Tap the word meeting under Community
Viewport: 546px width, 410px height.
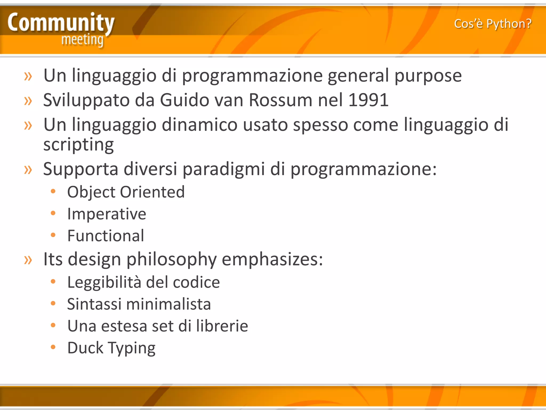[x=82, y=40]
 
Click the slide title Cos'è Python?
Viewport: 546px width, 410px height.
[x=493, y=24]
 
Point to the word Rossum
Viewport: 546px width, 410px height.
[x=280, y=100]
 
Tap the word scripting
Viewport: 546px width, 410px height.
[x=79, y=145]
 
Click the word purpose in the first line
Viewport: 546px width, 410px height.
[x=428, y=76]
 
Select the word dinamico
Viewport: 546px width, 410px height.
[x=199, y=125]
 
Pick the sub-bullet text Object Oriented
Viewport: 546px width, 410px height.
[x=126, y=192]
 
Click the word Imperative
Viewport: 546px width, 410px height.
[x=107, y=214]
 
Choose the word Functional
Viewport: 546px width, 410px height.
[x=106, y=236]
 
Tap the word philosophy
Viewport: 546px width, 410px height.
[x=171, y=259]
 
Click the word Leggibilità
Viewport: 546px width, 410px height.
[x=104, y=282]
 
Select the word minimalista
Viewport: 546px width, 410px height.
[x=168, y=304]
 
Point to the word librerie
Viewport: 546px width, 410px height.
[x=222, y=326]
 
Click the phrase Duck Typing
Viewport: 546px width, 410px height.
[x=111, y=348]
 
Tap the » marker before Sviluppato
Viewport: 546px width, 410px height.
[x=28, y=101]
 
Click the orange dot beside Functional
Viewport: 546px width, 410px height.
[x=53, y=235]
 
